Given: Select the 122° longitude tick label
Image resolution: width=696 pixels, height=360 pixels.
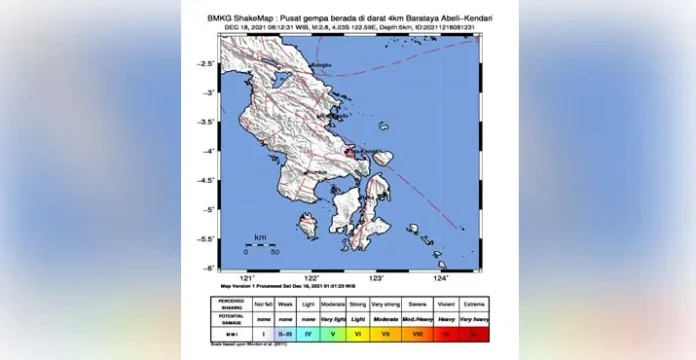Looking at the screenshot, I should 312,277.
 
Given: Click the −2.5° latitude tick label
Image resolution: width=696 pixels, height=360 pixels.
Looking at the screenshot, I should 206,63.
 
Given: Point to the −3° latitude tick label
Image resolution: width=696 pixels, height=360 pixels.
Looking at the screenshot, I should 208,92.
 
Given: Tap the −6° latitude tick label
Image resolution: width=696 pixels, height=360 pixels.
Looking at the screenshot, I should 208,268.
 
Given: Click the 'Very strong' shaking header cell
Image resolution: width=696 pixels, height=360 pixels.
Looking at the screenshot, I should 384,299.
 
